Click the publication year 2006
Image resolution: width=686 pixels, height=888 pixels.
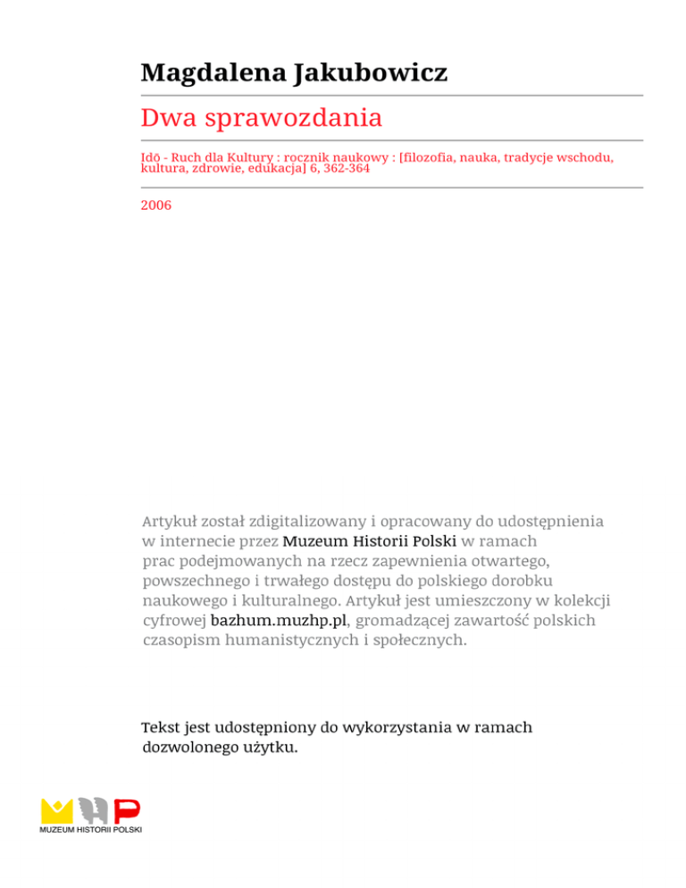(156, 205)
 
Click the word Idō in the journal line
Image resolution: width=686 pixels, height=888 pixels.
(151, 157)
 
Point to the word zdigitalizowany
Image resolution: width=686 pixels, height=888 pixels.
(302, 520)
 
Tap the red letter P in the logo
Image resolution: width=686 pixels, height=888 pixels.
(129, 811)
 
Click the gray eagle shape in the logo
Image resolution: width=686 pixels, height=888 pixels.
(94, 810)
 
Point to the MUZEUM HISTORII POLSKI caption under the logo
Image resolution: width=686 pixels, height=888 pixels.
(90, 830)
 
